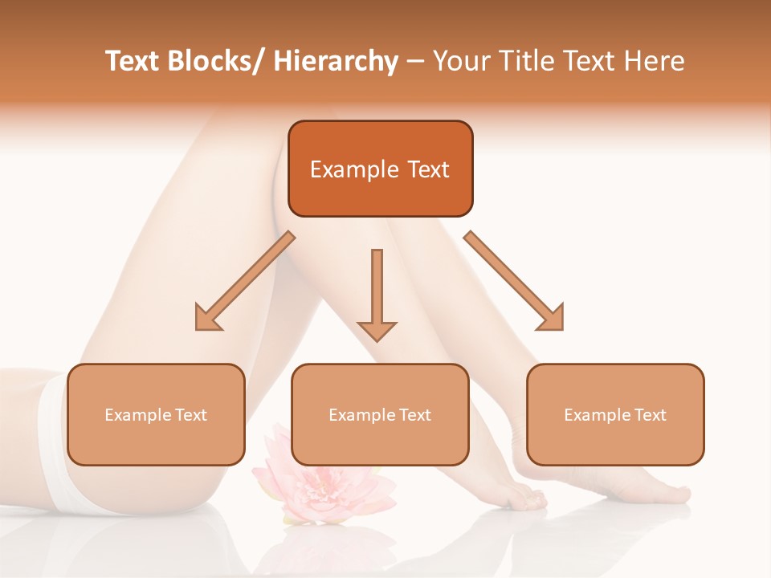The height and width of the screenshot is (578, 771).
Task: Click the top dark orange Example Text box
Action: pyautogui.click(x=380, y=169)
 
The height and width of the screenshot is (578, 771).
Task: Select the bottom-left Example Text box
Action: pyautogui.click(x=156, y=414)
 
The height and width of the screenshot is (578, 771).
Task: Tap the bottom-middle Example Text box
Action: pyautogui.click(x=380, y=414)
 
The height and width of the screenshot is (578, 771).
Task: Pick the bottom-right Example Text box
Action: pyautogui.click(x=615, y=414)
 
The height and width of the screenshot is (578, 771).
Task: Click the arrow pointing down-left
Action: pyautogui.click(x=245, y=281)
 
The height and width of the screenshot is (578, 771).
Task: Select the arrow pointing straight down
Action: pyautogui.click(x=377, y=294)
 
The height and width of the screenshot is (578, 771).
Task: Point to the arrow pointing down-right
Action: pyautogui.click(x=514, y=281)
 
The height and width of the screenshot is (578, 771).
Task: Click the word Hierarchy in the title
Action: pyautogui.click(x=336, y=61)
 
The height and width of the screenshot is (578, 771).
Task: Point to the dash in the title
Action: pyautogui.click(x=415, y=61)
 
